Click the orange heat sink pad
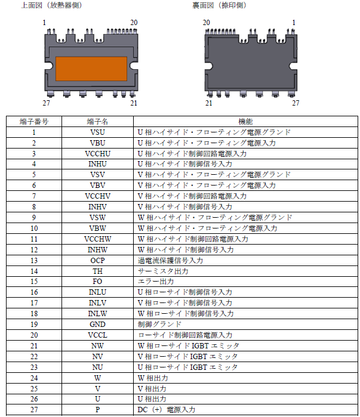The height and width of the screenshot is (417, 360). [x=91, y=69]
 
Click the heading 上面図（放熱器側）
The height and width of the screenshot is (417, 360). [x=52, y=6]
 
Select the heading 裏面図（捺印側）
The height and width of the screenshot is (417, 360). [x=219, y=6]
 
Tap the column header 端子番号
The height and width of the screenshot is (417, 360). [x=34, y=121]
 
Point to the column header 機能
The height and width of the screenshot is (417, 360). [x=245, y=121]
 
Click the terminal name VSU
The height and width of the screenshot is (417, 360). [x=97, y=132]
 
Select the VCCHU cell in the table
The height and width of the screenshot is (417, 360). [x=97, y=153]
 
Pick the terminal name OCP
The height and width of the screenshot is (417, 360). [x=97, y=261]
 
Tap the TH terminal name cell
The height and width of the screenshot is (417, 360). [x=97, y=271]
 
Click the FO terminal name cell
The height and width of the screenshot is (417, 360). [x=97, y=282]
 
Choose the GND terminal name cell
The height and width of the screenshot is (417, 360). [x=97, y=325]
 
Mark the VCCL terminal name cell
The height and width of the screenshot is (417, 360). [x=97, y=335]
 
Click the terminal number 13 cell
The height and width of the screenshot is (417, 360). [x=34, y=261]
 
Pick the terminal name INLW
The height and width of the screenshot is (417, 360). [x=97, y=314]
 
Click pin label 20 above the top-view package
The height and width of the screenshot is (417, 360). [x=134, y=23]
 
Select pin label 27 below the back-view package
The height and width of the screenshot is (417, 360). [x=295, y=103]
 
